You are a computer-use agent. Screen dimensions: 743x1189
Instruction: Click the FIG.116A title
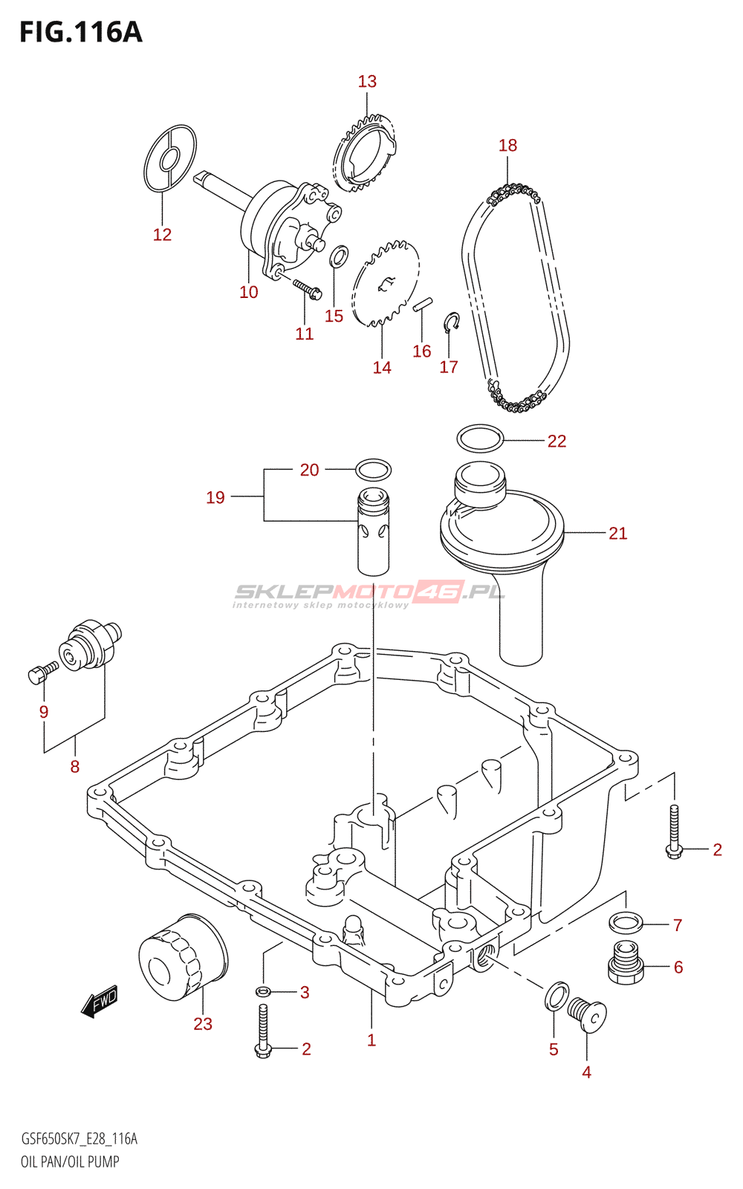click(x=81, y=33)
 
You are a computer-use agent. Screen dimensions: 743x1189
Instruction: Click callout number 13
click(x=367, y=82)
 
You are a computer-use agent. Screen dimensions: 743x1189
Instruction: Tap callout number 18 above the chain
click(x=508, y=146)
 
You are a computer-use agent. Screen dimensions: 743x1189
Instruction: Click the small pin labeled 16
click(x=423, y=305)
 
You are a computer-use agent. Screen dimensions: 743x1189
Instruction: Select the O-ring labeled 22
click(x=480, y=438)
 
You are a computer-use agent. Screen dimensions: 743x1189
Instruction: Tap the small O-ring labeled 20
click(x=373, y=470)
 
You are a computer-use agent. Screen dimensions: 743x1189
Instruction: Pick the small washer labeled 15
click(x=339, y=256)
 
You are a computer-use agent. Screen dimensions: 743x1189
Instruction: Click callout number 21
click(x=617, y=534)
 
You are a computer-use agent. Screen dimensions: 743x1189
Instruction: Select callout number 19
click(x=215, y=498)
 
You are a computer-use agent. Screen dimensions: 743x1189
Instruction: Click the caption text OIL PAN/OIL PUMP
click(x=70, y=1162)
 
